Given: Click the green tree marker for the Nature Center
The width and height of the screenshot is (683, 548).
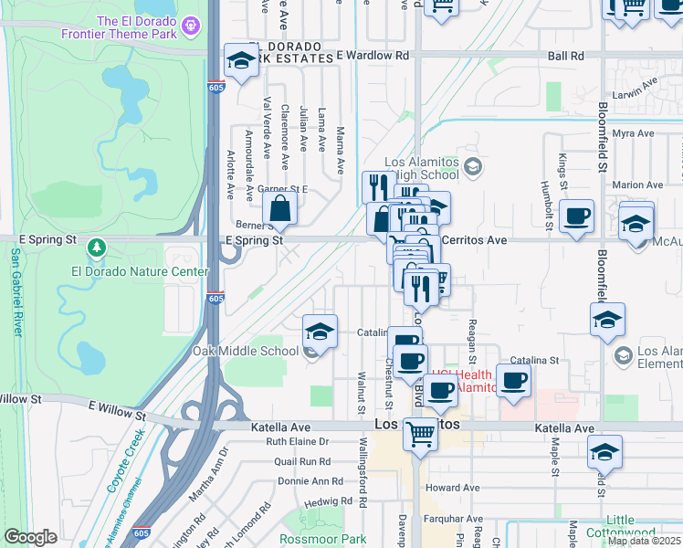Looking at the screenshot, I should [x=97, y=247].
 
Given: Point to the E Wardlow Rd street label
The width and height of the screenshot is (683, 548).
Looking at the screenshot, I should [x=373, y=55].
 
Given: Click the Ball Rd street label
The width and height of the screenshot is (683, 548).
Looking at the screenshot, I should [x=566, y=56].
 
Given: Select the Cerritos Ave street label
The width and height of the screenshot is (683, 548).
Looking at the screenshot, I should [x=474, y=239].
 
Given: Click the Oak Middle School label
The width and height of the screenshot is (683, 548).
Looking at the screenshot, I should [x=245, y=351].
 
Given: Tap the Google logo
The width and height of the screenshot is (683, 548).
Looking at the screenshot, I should [x=31, y=537].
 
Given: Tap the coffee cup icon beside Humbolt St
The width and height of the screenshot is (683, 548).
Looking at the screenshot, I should [x=576, y=217].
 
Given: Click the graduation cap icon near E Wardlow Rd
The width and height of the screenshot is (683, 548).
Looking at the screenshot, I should [x=241, y=61].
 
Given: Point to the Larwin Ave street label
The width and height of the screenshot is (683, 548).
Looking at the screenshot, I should [x=636, y=88].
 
